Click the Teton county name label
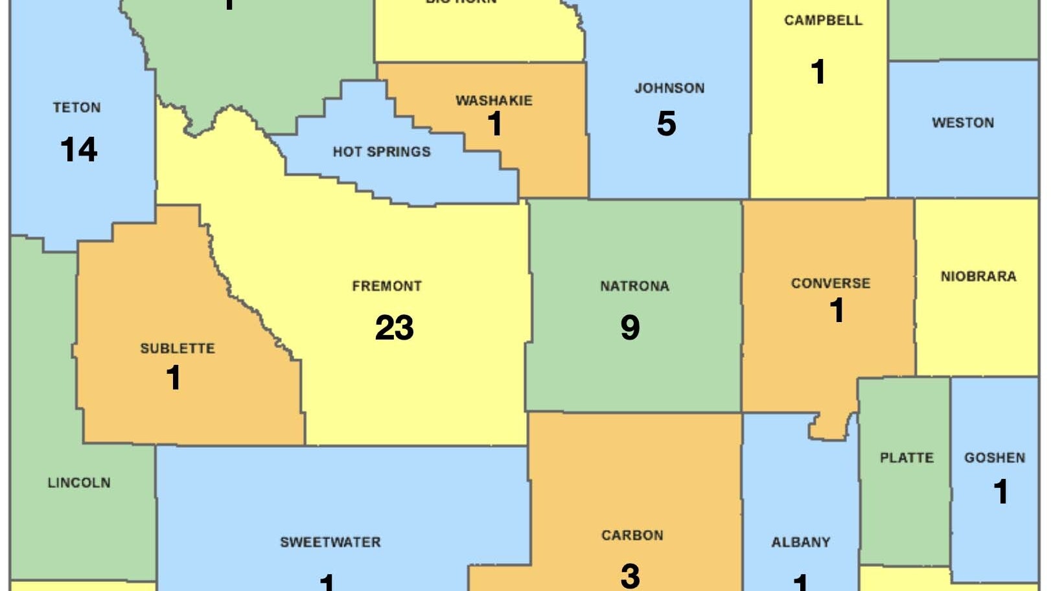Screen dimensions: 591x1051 (76, 108)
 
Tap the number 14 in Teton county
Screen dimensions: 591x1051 (78, 150)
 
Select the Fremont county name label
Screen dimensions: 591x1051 (387, 286)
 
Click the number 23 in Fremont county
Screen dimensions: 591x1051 (394, 327)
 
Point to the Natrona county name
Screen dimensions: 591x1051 (634, 286)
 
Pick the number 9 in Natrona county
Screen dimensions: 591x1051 (630, 327)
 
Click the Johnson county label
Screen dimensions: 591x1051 (669, 88)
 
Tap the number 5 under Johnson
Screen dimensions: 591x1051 (666, 124)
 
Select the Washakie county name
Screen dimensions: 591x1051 (494, 100)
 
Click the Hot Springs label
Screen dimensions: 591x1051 (382, 152)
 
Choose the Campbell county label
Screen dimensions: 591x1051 (823, 20)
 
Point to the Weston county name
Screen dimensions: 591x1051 (962, 122)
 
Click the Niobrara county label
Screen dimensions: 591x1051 (978, 277)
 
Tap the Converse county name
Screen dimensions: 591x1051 (830, 283)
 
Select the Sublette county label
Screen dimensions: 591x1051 (178, 348)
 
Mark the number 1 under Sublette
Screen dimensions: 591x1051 (173, 378)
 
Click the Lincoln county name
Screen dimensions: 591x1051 (79, 483)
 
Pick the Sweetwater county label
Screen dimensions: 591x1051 (330, 542)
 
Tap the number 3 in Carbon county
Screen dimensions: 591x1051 (630, 575)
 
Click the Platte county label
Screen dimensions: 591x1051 (907, 458)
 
